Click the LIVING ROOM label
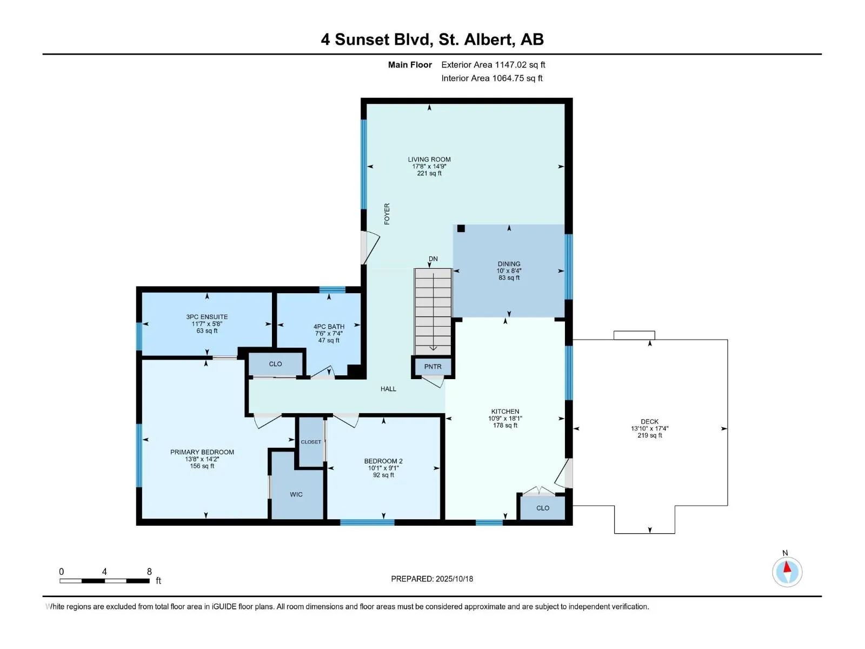click(x=429, y=160)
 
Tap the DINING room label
click(x=509, y=264)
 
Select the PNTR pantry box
click(x=432, y=367)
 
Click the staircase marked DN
click(x=432, y=312)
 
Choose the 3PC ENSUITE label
click(x=207, y=317)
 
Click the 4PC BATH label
click(x=329, y=327)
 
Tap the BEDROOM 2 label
click(x=383, y=461)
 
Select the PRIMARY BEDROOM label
click(x=202, y=452)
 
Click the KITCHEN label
click(x=505, y=412)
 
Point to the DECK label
click(x=649, y=422)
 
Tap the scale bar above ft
click(x=104, y=581)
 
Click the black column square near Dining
click(x=461, y=228)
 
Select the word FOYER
click(x=387, y=214)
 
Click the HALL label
click(x=388, y=389)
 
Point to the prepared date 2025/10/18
click(x=454, y=579)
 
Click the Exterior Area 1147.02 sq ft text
click(x=493, y=64)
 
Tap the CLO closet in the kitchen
click(x=543, y=508)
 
